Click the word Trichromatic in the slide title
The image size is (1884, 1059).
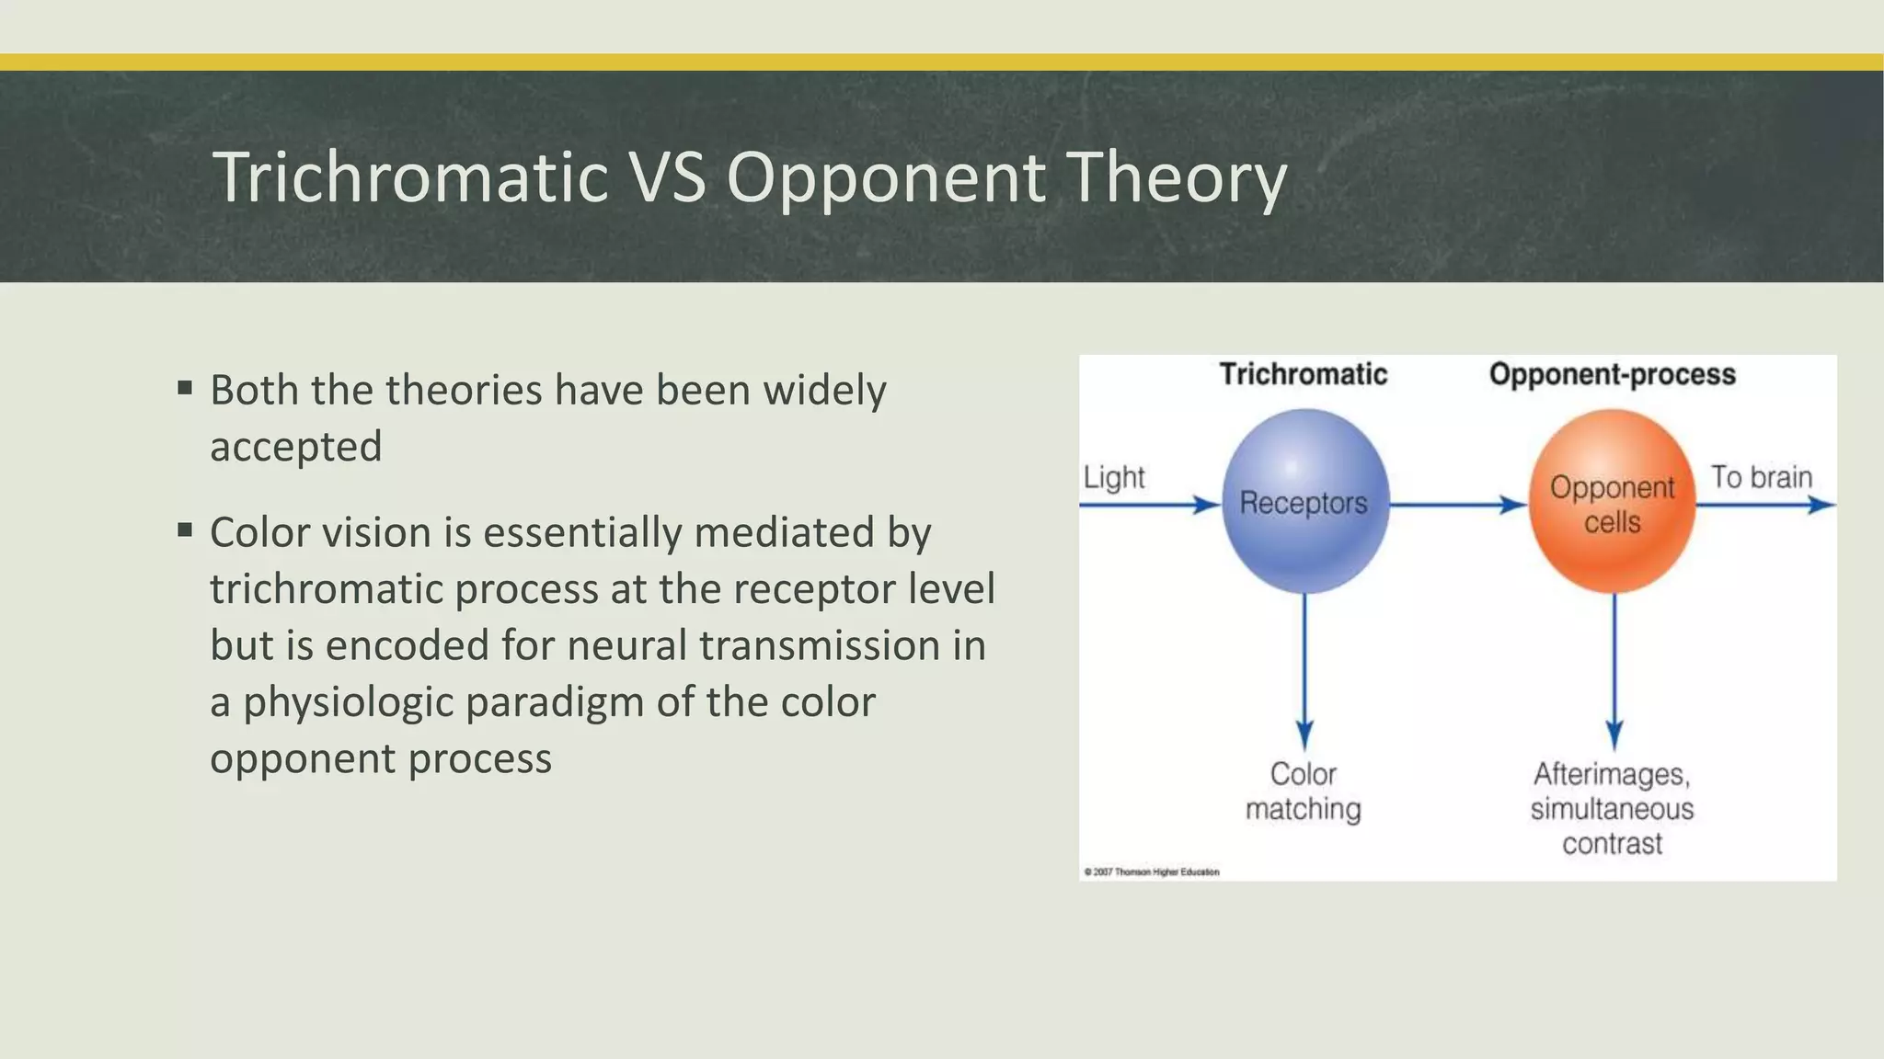(410, 176)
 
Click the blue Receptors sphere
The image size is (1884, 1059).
(1304, 502)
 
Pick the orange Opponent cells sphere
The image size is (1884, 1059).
(1612, 502)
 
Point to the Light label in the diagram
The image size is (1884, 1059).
(1114, 477)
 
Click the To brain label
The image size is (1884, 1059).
(1761, 477)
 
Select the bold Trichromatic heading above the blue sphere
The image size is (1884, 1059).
(1303, 374)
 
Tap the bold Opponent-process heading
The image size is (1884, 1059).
(1612, 374)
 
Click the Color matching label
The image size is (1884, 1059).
(1303, 791)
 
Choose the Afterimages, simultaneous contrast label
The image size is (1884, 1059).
(1612, 808)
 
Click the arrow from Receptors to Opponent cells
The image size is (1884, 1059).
(1457, 505)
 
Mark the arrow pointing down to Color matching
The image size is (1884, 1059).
(1304, 671)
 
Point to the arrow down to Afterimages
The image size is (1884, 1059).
(1614, 671)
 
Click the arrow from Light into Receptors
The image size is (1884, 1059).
(1150, 505)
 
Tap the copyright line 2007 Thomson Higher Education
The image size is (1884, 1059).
(1152, 871)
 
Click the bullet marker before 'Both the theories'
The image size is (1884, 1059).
(185, 388)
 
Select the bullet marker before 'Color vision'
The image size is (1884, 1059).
(185, 530)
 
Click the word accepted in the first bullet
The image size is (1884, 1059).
(295, 447)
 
